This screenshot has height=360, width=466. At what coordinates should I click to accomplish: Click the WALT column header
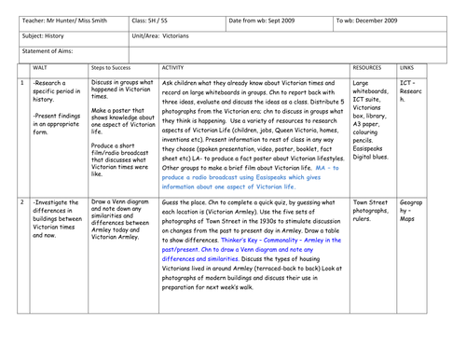pyautogui.click(x=39, y=68)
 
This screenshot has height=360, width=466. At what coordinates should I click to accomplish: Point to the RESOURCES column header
pyautogui.click(x=369, y=68)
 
